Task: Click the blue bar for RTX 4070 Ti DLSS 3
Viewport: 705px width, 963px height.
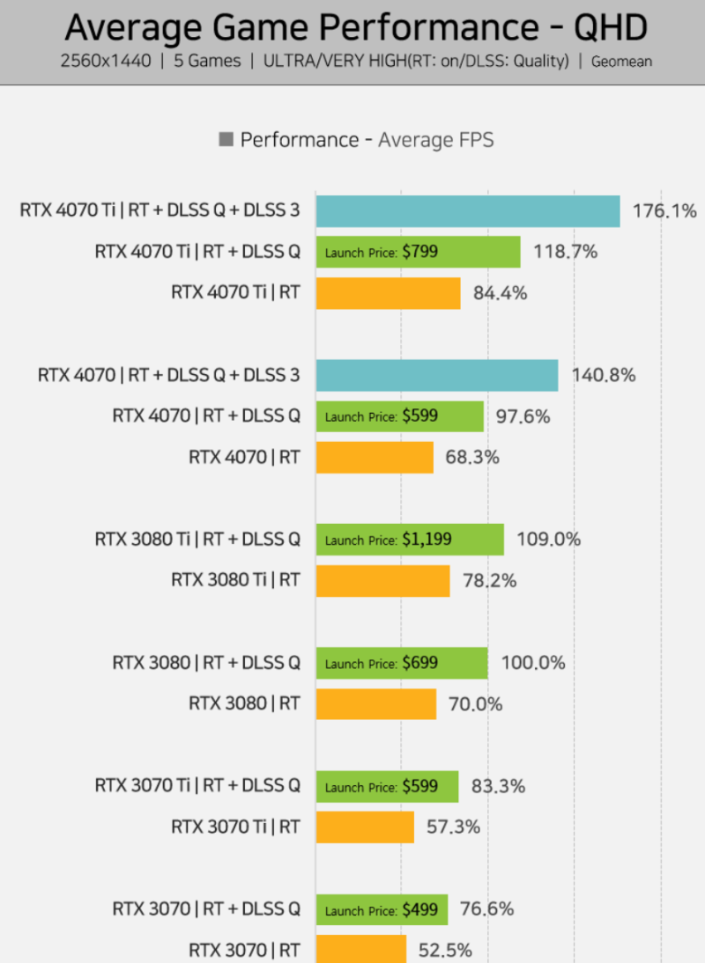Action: pyautogui.click(x=467, y=211)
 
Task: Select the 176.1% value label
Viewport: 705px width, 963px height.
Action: pyautogui.click(x=664, y=211)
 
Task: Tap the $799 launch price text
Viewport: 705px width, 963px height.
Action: pyautogui.click(x=420, y=252)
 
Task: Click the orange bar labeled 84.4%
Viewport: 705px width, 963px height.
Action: pyautogui.click(x=388, y=293)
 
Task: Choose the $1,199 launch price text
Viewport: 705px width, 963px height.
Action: pyautogui.click(x=427, y=540)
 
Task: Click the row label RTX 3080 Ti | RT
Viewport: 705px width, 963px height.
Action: pyautogui.click(x=235, y=581)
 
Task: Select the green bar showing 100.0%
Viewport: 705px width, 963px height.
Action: pyautogui.click(x=401, y=663)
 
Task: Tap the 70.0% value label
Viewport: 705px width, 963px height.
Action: pyautogui.click(x=476, y=704)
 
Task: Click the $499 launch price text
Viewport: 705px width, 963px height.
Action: pyautogui.click(x=420, y=909)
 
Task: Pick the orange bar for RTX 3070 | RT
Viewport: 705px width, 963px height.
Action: pyautogui.click(x=360, y=949)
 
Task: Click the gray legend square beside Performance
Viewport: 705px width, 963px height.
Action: pyautogui.click(x=226, y=140)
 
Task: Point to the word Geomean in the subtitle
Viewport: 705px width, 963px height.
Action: pyautogui.click(x=619, y=62)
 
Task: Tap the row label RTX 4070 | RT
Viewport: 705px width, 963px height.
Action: pyautogui.click(x=244, y=458)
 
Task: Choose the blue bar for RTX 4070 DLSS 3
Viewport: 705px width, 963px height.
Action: pyautogui.click(x=436, y=375)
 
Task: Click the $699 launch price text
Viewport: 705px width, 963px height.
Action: pyautogui.click(x=420, y=663)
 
